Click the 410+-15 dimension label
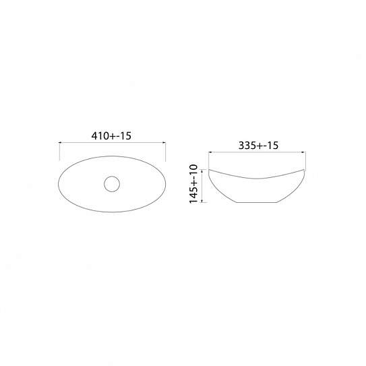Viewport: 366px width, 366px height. point(111,135)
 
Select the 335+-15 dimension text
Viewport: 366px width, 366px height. point(258,146)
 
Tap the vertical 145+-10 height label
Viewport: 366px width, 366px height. point(193,184)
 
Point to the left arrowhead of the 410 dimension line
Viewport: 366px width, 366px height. point(61,142)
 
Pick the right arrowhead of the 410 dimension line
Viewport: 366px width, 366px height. point(164,142)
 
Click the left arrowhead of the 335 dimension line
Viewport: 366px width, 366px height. point(210,152)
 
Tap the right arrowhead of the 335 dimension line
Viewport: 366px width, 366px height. point(303,152)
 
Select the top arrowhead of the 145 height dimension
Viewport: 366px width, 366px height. point(202,171)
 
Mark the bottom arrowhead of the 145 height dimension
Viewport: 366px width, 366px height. point(202,201)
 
